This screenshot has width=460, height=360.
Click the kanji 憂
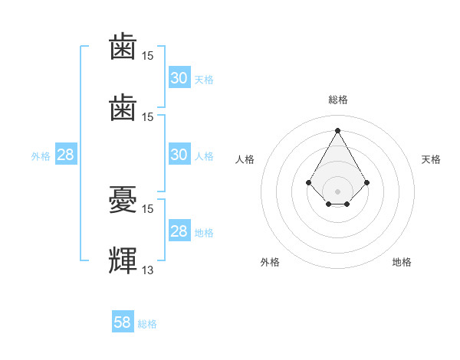click(x=123, y=200)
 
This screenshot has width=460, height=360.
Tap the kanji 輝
click(x=123, y=260)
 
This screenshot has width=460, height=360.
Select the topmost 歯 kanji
click(x=123, y=46)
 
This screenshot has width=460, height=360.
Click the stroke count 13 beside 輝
click(x=147, y=270)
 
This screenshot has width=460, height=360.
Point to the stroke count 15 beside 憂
click(x=147, y=209)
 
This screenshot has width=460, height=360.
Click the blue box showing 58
click(x=123, y=321)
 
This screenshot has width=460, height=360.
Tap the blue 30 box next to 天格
click(x=179, y=77)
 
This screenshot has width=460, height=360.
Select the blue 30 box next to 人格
click(x=179, y=154)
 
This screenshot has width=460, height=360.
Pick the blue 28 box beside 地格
click(x=179, y=230)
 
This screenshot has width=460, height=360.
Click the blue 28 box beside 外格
click(x=66, y=154)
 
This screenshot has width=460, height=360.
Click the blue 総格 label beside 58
click(x=147, y=324)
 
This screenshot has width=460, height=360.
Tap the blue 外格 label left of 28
click(x=41, y=156)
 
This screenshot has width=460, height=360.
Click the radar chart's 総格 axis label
click(x=338, y=100)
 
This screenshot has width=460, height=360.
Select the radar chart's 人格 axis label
click(x=245, y=159)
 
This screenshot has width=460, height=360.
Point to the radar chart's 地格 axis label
click(x=402, y=262)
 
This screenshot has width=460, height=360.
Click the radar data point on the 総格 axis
click(x=337, y=130)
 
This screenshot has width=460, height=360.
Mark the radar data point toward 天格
click(x=366, y=182)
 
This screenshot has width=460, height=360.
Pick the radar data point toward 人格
click(x=308, y=182)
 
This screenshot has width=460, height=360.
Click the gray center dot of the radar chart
click(x=337, y=191)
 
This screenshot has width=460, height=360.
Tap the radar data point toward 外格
click(x=329, y=204)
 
